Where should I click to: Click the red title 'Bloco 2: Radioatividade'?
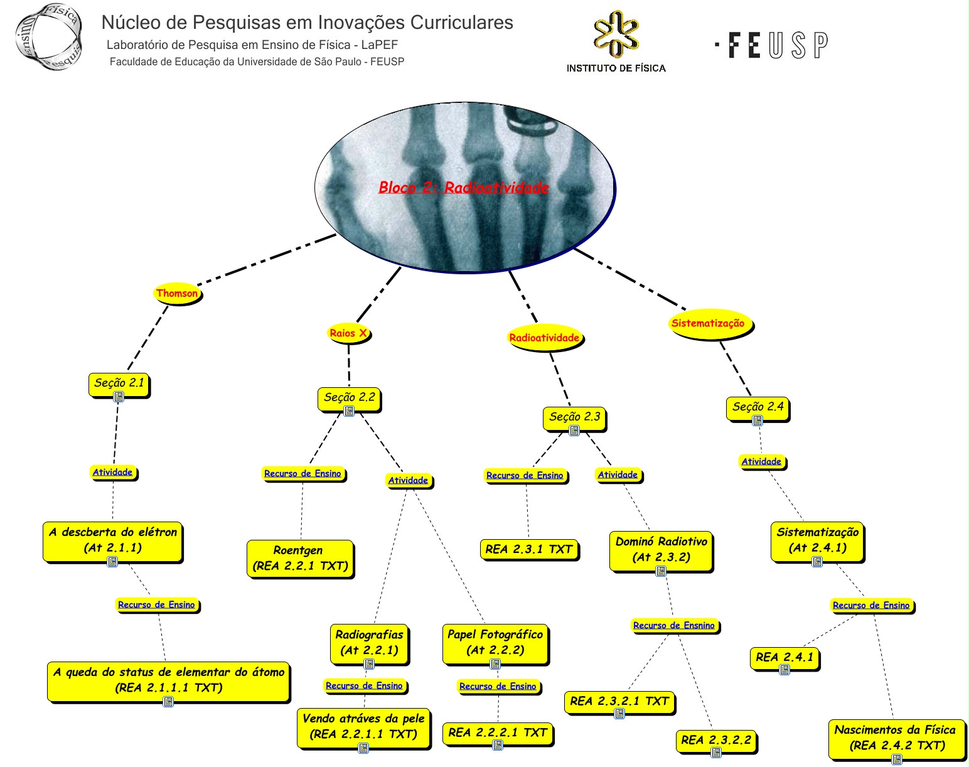(464, 187)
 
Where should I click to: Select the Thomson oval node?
(178, 293)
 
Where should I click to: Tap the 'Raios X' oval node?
(348, 333)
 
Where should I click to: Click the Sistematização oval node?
(708, 324)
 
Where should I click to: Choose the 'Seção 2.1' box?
(119, 383)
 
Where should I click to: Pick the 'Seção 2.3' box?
(574, 417)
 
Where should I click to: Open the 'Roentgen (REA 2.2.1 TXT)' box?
(300, 558)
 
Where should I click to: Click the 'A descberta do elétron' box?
(113, 540)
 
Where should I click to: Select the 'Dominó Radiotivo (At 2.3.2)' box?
(661, 549)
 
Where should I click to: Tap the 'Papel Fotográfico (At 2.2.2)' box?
(495, 642)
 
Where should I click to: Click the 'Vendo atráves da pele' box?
(363, 726)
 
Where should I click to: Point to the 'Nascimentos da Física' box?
(895, 737)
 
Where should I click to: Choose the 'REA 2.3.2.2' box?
(716, 740)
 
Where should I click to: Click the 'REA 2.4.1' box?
(784, 657)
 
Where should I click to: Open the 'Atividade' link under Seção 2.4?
(761, 462)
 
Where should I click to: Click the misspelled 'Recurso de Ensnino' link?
(674, 625)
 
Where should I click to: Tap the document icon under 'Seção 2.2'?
(349, 411)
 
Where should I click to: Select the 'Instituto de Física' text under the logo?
(616, 68)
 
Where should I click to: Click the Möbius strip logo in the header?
(49, 36)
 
